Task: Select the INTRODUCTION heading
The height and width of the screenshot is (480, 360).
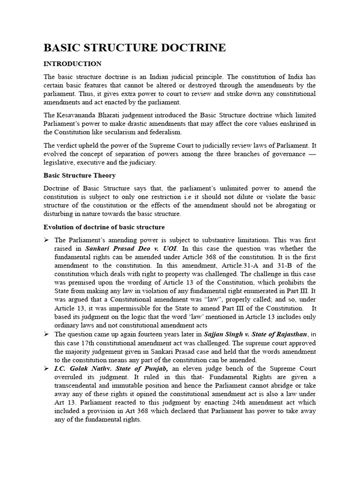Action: pyautogui.click(x=72, y=63)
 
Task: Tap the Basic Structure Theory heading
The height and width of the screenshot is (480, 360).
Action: pyautogui.click(x=79, y=175)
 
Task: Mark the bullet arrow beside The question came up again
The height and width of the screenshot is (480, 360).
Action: pyautogui.click(x=47, y=334)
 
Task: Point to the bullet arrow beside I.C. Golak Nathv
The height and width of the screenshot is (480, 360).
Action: pyautogui.click(x=47, y=368)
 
